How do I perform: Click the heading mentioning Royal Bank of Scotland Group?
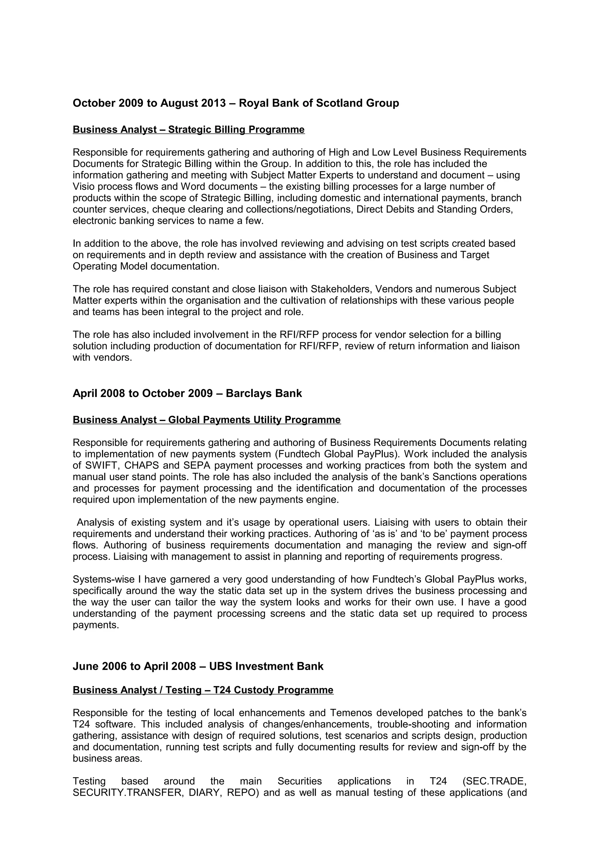point(236,103)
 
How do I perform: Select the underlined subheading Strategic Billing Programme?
point(189,129)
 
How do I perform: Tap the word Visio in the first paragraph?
point(82,186)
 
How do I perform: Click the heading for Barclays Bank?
point(187,393)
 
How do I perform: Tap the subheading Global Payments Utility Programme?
point(207,420)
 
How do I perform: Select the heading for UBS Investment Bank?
point(198,677)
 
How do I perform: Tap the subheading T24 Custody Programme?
point(203,700)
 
